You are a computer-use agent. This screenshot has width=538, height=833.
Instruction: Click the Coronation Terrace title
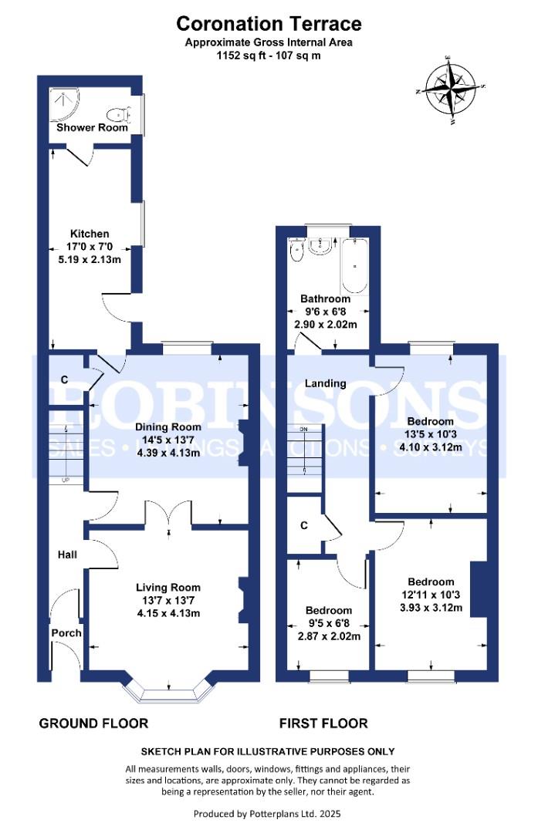point(269,24)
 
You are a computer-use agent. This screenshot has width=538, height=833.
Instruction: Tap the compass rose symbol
point(452,91)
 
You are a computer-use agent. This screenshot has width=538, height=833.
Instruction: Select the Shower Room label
point(92,127)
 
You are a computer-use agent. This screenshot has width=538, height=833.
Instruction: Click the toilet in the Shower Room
point(119,114)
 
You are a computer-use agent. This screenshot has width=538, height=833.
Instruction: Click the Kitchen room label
point(90,234)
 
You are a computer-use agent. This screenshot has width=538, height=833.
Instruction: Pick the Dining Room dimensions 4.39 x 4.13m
point(168,453)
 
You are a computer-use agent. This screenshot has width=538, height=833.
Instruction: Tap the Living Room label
point(168,588)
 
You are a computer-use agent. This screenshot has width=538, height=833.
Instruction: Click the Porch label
point(66,632)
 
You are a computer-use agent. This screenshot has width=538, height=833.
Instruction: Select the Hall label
point(67,555)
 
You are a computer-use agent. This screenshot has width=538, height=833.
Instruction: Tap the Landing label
point(326,383)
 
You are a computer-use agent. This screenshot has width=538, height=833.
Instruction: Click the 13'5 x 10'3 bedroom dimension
point(431,434)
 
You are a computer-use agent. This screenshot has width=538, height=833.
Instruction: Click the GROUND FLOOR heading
point(93,723)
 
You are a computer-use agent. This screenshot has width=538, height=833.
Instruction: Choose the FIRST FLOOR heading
point(323,723)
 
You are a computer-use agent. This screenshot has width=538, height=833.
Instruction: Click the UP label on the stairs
point(66,481)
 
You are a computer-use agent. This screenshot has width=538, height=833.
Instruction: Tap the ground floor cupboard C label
point(64,379)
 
